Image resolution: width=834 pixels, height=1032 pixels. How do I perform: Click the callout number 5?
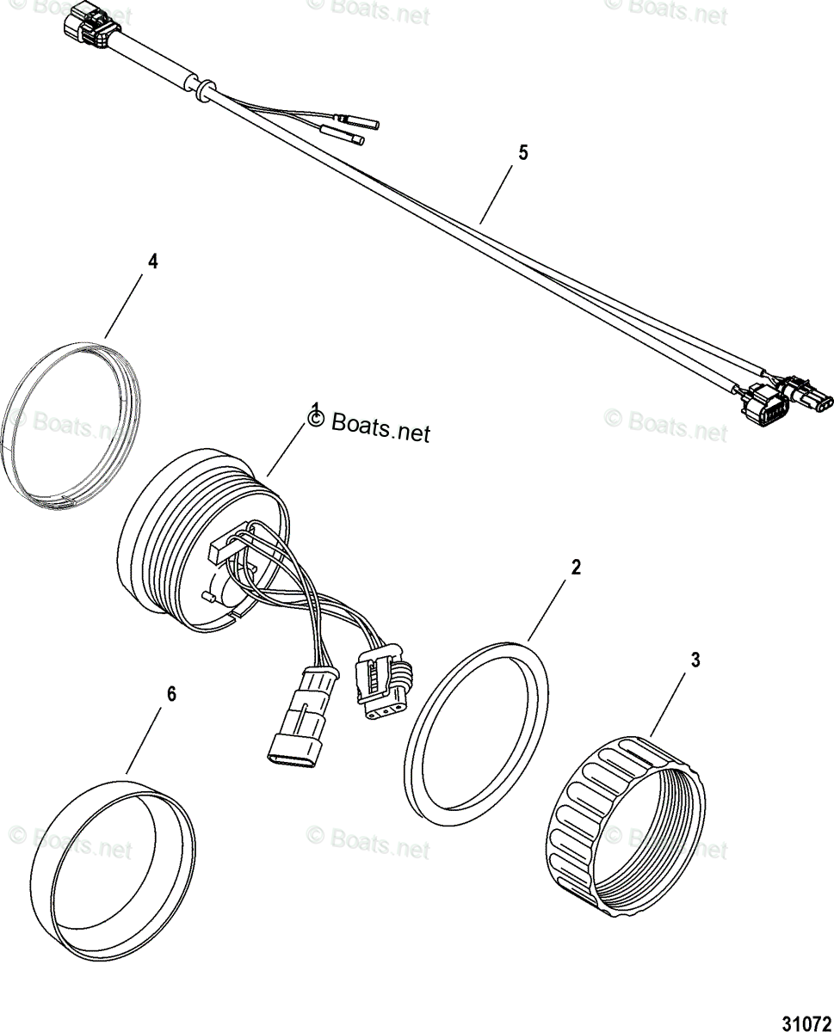pos(522,153)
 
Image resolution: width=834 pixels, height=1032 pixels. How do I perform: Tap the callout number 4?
pos(152,262)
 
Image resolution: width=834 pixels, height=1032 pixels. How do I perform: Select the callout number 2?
pos(576,567)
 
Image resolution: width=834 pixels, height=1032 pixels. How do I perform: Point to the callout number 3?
pos(695,660)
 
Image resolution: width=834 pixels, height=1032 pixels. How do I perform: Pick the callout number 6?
pos(170,694)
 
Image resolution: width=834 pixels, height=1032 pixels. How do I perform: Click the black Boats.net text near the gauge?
pos(380,427)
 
